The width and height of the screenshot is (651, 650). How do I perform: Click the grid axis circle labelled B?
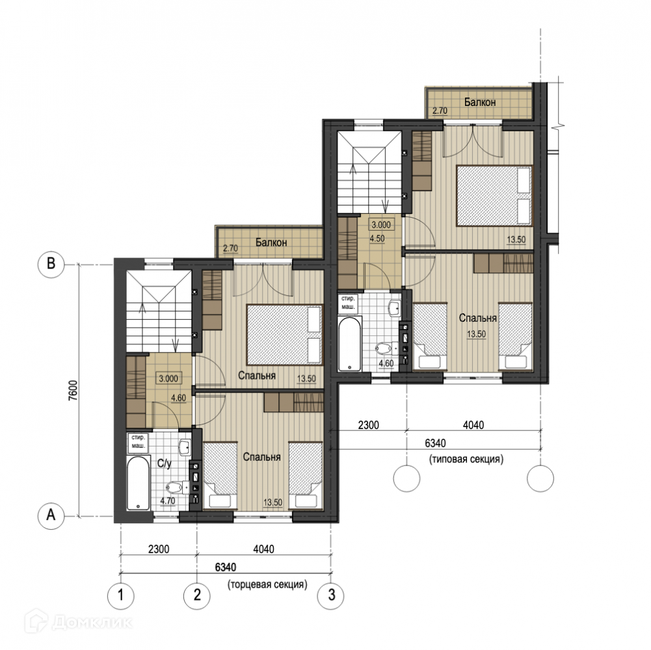[51, 264]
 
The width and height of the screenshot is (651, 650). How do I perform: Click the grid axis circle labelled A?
[51, 515]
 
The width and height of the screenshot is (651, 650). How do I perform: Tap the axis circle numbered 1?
[121, 595]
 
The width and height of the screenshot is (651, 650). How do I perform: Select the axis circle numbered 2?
[197, 595]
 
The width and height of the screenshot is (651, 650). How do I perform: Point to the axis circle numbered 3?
[331, 595]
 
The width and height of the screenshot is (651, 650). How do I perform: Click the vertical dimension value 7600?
[73, 390]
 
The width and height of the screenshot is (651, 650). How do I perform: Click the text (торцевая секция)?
[267, 584]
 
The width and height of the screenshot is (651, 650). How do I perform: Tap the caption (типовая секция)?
[467, 459]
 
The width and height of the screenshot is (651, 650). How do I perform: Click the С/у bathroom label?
[165, 463]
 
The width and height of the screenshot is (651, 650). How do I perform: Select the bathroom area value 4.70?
[168, 501]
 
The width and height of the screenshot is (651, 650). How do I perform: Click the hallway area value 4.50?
[377, 239]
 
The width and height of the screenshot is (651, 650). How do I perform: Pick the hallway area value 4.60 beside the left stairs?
[179, 398]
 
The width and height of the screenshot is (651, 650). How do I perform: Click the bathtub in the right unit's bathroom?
[350, 344]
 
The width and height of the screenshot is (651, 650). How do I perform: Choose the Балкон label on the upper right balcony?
[480, 102]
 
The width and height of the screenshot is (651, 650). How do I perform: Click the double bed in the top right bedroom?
[494, 196]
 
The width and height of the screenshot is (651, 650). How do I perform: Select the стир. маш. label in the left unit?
[139, 441]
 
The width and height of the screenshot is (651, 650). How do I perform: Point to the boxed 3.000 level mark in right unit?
[381, 225]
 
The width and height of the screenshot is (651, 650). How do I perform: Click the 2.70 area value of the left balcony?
[230, 249]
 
